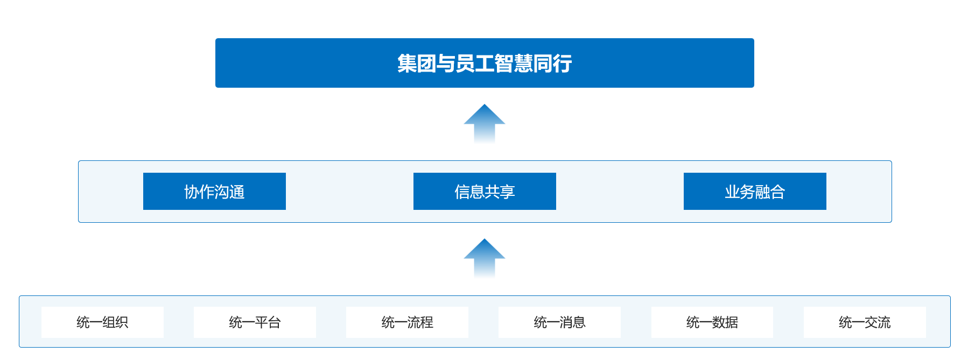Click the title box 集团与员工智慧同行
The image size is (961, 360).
click(x=485, y=63)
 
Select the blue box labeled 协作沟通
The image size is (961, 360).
click(x=214, y=191)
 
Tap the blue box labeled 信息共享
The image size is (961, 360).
click(x=485, y=191)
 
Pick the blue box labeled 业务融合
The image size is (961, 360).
click(x=755, y=191)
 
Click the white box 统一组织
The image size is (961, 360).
click(x=102, y=322)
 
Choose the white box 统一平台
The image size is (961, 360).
click(x=255, y=322)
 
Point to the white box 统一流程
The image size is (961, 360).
click(x=407, y=322)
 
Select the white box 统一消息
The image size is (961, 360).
click(x=559, y=322)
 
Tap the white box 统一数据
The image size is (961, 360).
click(x=712, y=322)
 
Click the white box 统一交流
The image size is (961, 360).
click(x=865, y=322)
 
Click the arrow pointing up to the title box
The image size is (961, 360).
click(x=485, y=123)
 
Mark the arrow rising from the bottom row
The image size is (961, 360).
click(x=485, y=258)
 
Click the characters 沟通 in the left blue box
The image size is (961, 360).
click(x=230, y=192)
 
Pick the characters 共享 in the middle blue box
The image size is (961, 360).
click(x=500, y=192)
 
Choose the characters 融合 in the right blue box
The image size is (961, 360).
click(x=770, y=192)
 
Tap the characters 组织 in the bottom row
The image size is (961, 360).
click(x=115, y=322)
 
